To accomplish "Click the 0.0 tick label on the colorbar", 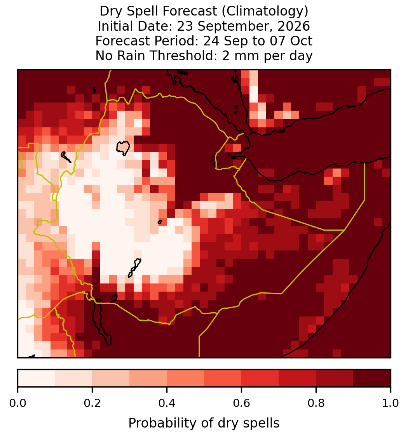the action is (x=17, y=403).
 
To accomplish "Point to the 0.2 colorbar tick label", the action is (x=92, y=403).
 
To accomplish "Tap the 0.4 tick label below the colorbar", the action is (x=167, y=403).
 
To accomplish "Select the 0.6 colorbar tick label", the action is (x=242, y=403).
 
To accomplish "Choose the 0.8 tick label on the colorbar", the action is (x=316, y=403).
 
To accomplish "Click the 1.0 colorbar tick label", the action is (x=391, y=403).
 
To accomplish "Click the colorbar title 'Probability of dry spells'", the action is (x=204, y=423).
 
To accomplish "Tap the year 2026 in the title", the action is (x=294, y=26).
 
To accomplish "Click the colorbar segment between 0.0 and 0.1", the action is (x=37, y=378).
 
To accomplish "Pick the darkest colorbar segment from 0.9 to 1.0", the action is (x=372, y=378).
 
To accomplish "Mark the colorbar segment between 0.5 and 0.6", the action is (x=223, y=378).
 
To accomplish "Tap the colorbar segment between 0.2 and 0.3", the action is (x=111, y=378).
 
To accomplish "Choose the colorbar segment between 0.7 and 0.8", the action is (x=298, y=378).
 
